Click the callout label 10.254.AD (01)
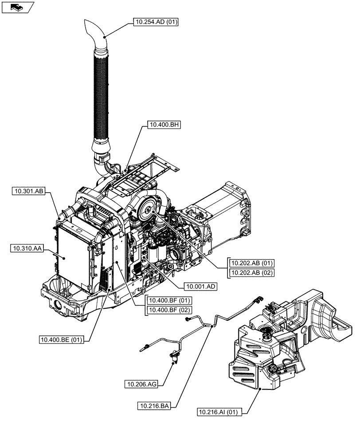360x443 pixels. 155,21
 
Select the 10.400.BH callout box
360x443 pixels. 158,125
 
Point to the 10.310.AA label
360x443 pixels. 26,249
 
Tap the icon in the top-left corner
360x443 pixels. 17,7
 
